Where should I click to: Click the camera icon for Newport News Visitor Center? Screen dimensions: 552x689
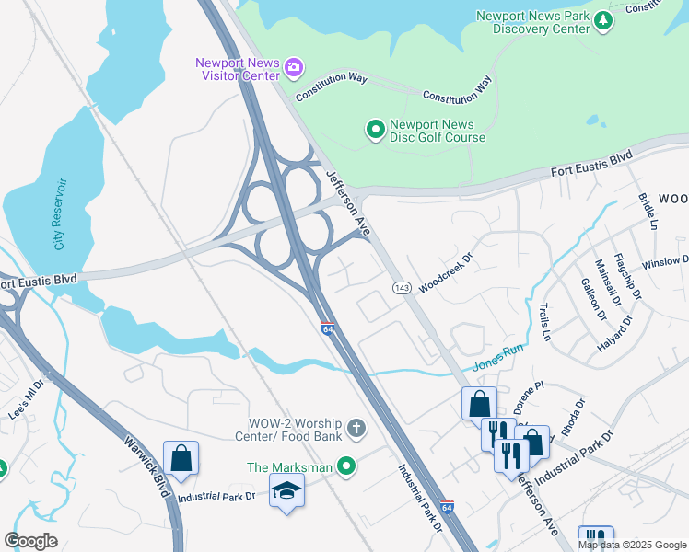[294, 65]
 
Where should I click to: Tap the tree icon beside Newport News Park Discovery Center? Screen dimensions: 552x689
[603, 19]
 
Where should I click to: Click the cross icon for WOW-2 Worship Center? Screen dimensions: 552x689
[356, 428]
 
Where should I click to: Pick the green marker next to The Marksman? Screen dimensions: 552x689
[346, 467]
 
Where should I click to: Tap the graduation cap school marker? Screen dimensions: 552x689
[286, 493]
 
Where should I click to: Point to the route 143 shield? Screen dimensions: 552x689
[402, 288]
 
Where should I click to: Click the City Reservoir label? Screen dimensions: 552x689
[61, 213]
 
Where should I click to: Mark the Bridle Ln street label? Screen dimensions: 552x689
[648, 211]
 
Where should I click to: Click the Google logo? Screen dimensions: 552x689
[31, 541]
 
